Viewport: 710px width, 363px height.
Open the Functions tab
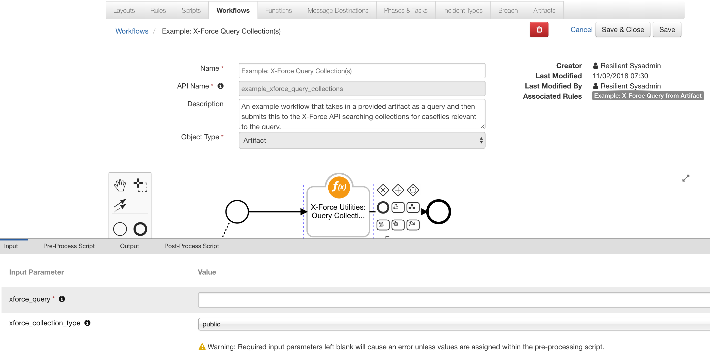(x=278, y=10)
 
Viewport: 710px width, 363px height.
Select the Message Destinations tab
(x=338, y=10)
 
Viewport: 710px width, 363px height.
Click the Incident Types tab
(x=462, y=10)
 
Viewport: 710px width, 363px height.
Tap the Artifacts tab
(x=544, y=10)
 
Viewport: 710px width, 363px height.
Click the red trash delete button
(x=539, y=29)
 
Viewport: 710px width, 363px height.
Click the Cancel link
(x=581, y=29)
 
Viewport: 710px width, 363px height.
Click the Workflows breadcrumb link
(x=132, y=31)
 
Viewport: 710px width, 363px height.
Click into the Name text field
(x=362, y=71)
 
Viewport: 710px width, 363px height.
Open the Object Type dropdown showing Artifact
(x=362, y=140)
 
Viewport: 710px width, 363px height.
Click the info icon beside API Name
(x=220, y=86)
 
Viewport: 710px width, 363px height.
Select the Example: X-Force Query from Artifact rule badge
(x=648, y=96)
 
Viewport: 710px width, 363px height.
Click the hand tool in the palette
(x=120, y=185)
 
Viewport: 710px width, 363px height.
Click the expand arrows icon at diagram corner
(x=685, y=178)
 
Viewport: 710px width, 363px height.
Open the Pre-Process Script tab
(x=69, y=246)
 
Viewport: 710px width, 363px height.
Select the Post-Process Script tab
(x=191, y=246)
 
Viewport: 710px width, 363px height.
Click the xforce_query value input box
(x=452, y=300)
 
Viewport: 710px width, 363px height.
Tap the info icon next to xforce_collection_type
(x=87, y=323)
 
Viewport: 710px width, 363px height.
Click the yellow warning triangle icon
(x=202, y=347)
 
